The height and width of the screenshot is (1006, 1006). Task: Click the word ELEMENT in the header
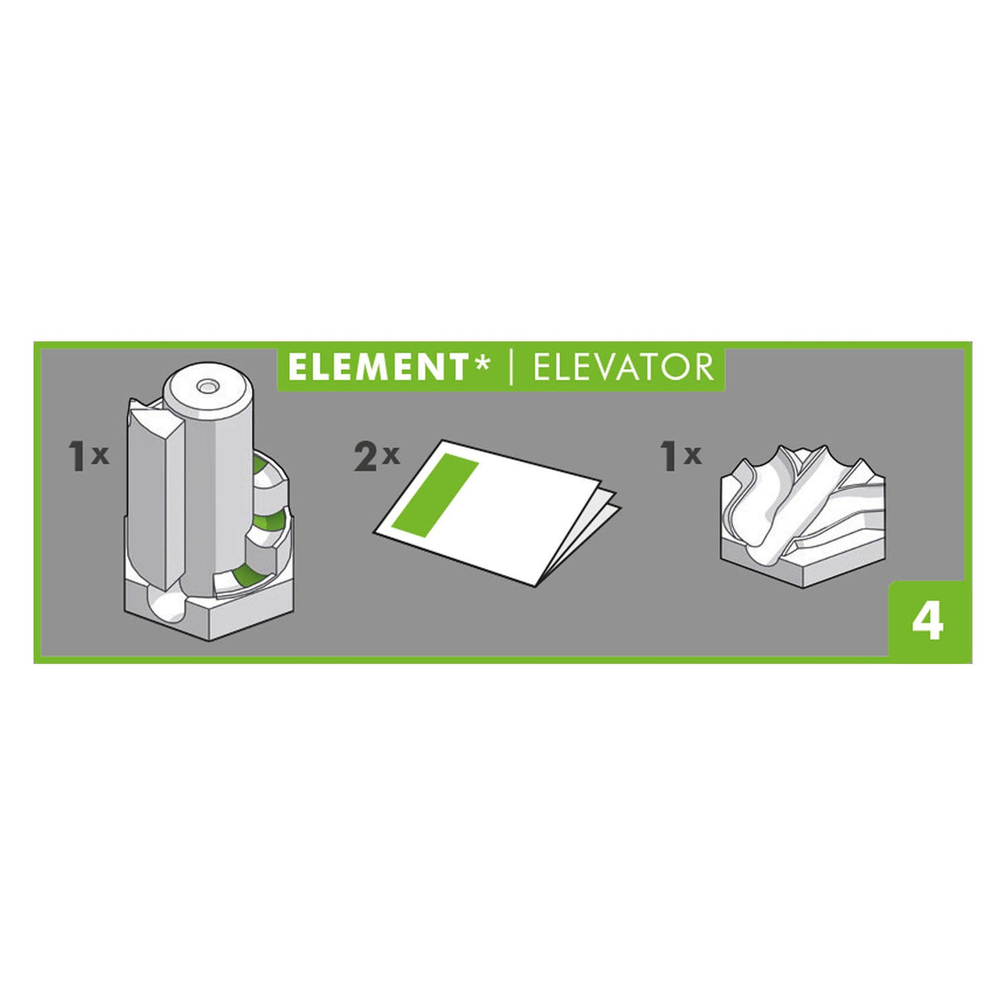pyautogui.click(x=378, y=367)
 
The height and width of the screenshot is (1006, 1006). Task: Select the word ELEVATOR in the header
pyautogui.click(x=623, y=367)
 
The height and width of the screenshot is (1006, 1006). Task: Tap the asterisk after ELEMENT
pyautogui.click(x=481, y=363)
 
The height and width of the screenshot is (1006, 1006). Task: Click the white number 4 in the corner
pyautogui.click(x=927, y=621)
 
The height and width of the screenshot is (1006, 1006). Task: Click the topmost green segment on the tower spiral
pyautogui.click(x=264, y=468)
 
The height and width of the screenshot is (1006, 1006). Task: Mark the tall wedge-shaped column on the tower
pyautogui.click(x=155, y=489)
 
